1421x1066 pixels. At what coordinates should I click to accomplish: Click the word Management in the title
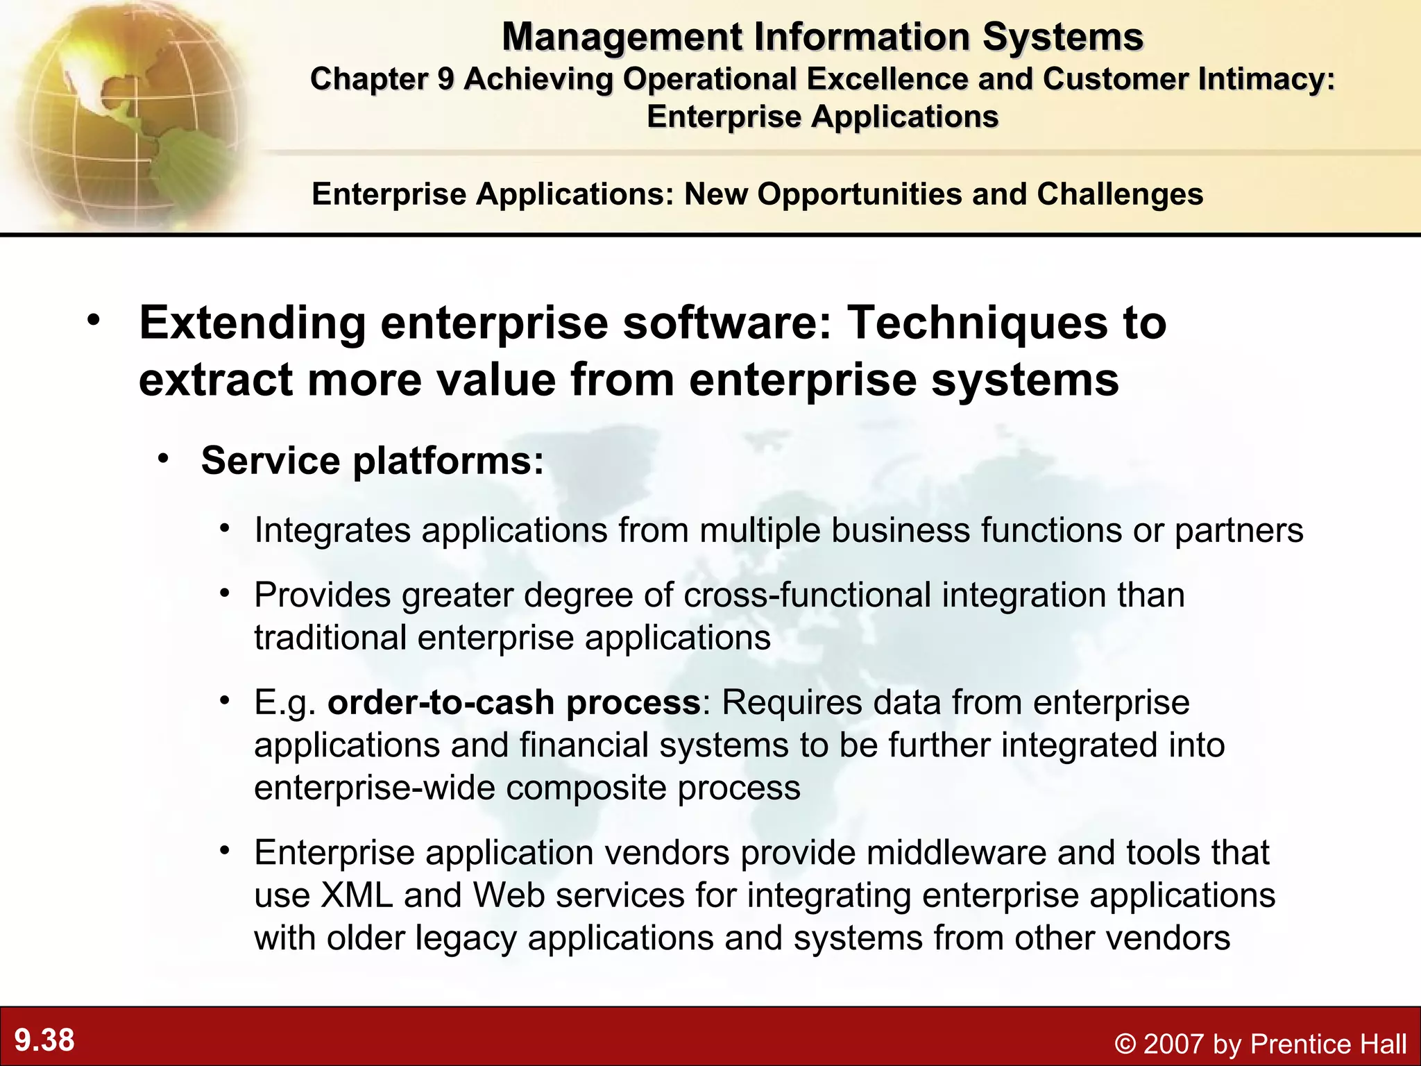(622, 37)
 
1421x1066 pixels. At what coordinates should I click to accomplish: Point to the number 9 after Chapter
(445, 79)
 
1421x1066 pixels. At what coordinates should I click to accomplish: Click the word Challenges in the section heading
(1120, 194)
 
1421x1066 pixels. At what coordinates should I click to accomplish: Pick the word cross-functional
(807, 595)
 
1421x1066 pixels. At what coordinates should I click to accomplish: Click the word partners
(1239, 531)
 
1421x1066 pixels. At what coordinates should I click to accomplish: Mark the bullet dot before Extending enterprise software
(94, 321)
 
